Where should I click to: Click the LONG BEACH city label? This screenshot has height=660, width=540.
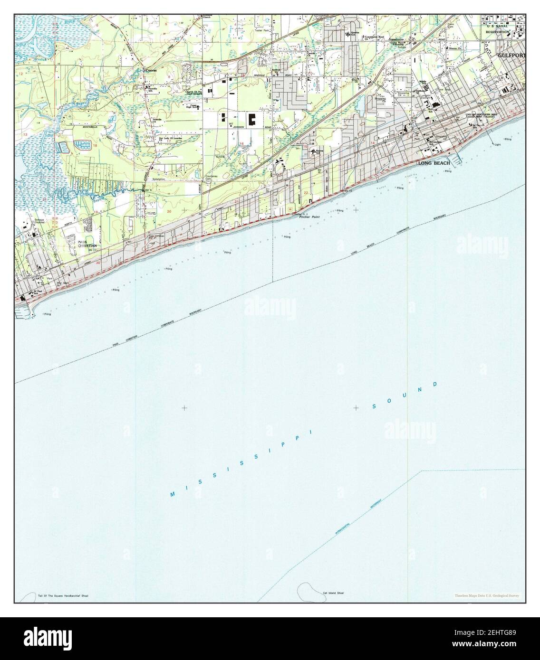point(433,163)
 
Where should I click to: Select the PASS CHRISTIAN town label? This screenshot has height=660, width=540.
point(87,243)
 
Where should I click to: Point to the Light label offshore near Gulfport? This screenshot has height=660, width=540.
point(497,144)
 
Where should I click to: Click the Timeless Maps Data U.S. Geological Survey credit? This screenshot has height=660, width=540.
point(486,595)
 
